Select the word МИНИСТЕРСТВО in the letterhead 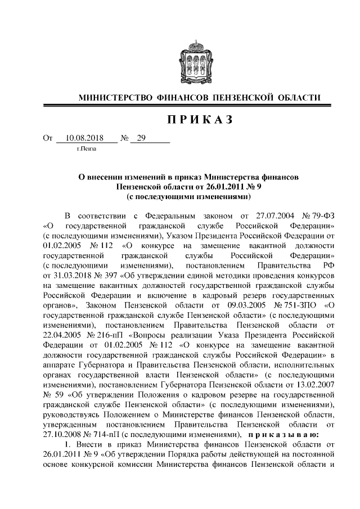pos(114,98)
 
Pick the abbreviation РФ pos(328,265)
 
